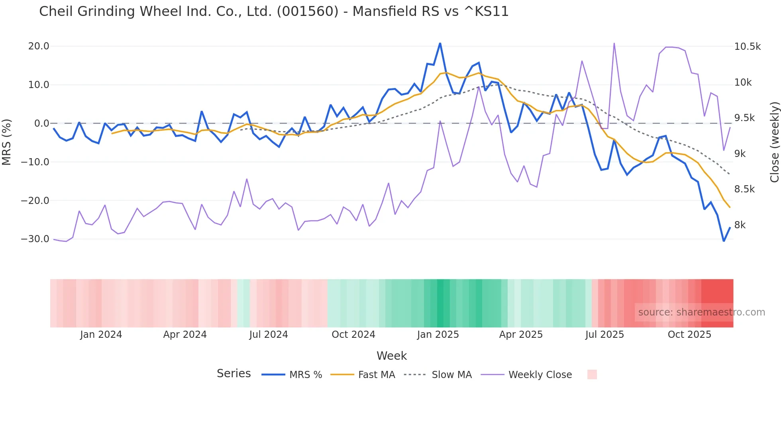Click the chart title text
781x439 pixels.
coord(274,11)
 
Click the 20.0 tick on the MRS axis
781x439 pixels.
coord(39,46)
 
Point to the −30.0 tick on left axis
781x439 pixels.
coord(35,239)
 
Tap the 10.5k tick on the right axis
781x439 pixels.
coord(747,47)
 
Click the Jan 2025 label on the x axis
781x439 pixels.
coord(438,335)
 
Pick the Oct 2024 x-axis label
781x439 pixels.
coord(353,335)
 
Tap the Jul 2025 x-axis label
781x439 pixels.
coord(604,335)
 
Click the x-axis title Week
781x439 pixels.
coord(391,356)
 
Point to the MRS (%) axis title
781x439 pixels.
coord(7,142)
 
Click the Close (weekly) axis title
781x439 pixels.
coord(774,142)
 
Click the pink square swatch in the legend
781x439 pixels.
coord(592,374)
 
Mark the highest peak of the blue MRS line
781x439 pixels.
coord(440,43)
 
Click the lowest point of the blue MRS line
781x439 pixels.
coord(724,241)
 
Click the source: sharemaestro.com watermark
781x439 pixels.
coord(701,312)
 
